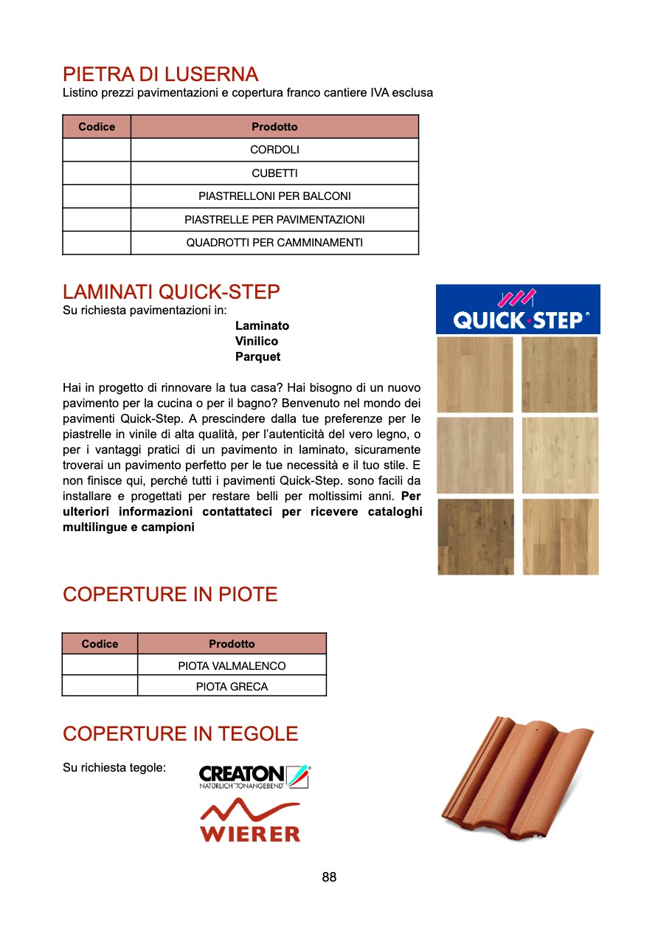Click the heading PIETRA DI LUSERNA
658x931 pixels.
tap(161, 75)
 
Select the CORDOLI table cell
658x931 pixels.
tap(274, 150)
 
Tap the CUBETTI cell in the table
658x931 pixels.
tap(274, 173)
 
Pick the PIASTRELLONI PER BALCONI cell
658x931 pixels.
tap(274, 196)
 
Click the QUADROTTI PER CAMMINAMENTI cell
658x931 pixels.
tap(274, 243)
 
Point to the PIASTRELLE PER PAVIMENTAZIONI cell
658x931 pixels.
tap(274, 220)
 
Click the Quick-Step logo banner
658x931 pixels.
tap(518, 310)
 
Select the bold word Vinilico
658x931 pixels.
tap(257, 342)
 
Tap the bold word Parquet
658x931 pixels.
tap(257, 357)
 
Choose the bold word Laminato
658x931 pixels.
tap(262, 326)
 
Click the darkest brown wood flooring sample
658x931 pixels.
tap(475, 537)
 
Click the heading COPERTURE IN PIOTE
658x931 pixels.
tap(170, 595)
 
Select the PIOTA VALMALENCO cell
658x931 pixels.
tap(232, 665)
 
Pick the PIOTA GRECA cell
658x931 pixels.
tap(232, 687)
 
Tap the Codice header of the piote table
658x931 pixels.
tap(100, 644)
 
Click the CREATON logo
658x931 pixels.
tap(254, 777)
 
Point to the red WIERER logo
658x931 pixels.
tap(250, 821)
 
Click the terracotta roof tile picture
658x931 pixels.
tap(516, 778)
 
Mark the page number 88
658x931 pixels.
tap(329, 877)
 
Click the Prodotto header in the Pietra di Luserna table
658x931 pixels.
tap(274, 127)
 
